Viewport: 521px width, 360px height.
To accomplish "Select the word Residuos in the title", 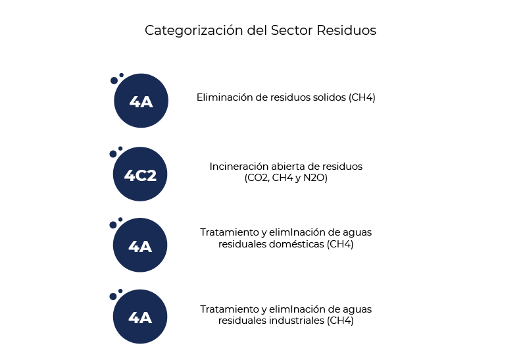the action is pyautogui.click(x=346, y=30).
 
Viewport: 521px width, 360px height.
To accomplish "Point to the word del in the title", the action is pyautogui.click(x=257, y=30).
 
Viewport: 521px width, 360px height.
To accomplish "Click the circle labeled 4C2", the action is pyautogui.click(x=140, y=174).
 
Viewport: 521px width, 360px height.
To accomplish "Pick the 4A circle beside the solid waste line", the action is pyautogui.click(x=141, y=101).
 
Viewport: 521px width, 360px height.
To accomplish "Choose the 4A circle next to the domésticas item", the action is pyautogui.click(x=140, y=245).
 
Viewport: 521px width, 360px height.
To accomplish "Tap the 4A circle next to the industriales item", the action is pyautogui.click(x=140, y=317).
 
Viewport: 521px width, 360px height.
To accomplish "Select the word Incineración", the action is pyautogui.click(x=240, y=167).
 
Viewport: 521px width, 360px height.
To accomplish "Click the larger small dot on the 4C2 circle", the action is pyautogui.click(x=113, y=154).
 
